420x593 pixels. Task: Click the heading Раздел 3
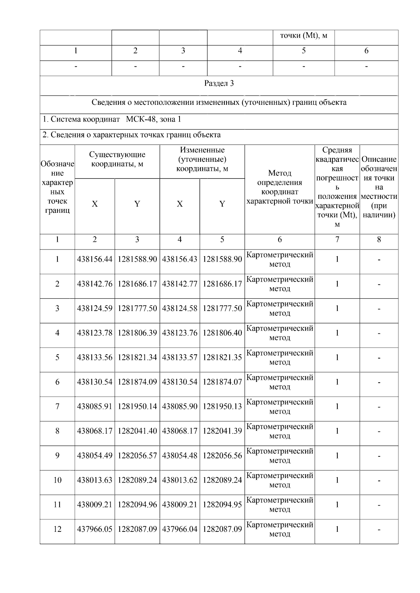(219, 84)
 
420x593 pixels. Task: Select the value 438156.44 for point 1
(94, 260)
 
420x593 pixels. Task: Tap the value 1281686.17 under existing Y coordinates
(137, 284)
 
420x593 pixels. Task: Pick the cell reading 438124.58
(180, 309)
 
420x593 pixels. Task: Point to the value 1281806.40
(222, 333)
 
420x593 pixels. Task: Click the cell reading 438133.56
(94, 357)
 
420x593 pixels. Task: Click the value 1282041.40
(137, 431)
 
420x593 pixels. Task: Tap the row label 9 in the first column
(57, 456)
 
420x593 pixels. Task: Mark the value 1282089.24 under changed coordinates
(222, 480)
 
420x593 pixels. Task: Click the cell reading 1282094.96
(137, 505)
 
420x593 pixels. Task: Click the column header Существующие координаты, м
(117, 159)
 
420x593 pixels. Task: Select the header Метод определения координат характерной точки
(279, 187)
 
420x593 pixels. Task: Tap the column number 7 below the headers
(337, 240)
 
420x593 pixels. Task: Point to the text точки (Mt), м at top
(303, 36)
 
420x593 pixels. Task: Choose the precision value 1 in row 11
(337, 505)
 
